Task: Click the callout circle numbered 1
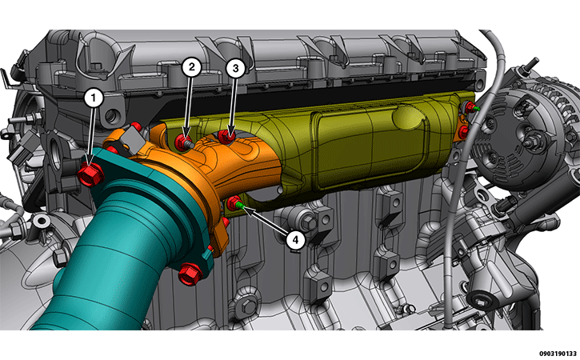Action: pyautogui.click(x=94, y=98)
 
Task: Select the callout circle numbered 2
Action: pyautogui.click(x=191, y=67)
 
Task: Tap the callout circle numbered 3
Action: pyautogui.click(x=235, y=68)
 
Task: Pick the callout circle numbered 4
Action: pyautogui.click(x=295, y=240)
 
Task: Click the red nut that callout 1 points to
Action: pyautogui.click(x=90, y=173)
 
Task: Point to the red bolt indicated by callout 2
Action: pyautogui.click(x=182, y=142)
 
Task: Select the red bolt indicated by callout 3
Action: pyautogui.click(x=226, y=137)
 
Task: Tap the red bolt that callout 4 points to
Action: pyautogui.click(x=234, y=203)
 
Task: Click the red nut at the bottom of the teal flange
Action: pyautogui.click(x=190, y=274)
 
